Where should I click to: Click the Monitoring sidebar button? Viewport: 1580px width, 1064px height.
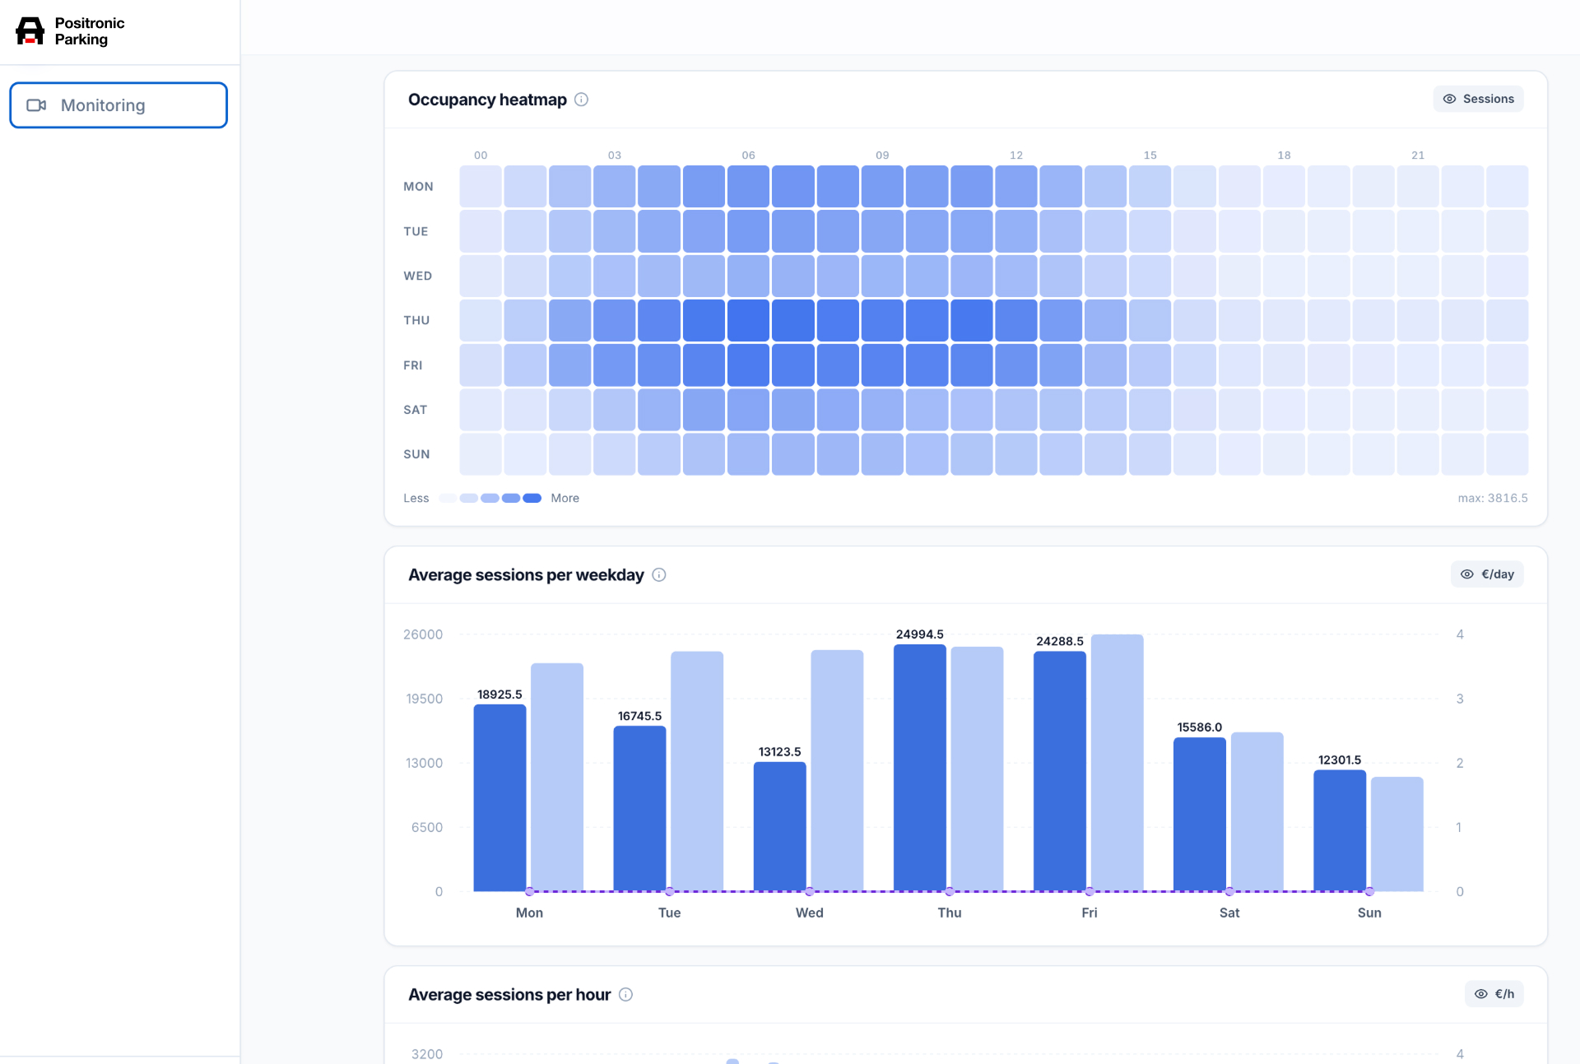[118, 105]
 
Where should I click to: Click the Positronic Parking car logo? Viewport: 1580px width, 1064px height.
[30, 31]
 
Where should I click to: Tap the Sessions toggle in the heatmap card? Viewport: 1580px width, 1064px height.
[1478, 99]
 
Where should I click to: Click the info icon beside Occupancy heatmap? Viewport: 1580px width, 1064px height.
[581, 100]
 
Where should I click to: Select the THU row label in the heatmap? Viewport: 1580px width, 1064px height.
[416, 320]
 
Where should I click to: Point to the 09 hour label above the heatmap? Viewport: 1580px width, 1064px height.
[882, 155]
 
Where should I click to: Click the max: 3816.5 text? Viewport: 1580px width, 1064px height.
[1493, 498]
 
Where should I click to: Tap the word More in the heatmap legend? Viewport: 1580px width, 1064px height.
[565, 498]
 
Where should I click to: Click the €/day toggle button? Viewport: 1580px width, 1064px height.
[1487, 574]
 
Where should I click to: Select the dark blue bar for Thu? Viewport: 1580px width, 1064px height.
[919, 768]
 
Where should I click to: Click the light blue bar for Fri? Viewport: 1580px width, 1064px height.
[1117, 763]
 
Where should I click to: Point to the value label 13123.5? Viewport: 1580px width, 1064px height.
[779, 751]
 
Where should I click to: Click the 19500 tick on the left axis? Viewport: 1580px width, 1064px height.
[424, 699]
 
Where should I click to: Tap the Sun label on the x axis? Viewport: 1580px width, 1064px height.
[1369, 913]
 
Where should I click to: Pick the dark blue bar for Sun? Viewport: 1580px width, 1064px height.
[1340, 830]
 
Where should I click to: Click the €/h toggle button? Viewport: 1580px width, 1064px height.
[1494, 994]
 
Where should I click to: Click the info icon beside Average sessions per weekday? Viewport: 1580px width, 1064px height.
[659, 575]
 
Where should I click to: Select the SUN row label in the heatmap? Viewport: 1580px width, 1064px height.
[416, 454]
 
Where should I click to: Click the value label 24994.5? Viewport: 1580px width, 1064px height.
[919, 634]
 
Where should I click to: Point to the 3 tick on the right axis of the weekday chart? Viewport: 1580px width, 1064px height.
[1460, 699]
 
